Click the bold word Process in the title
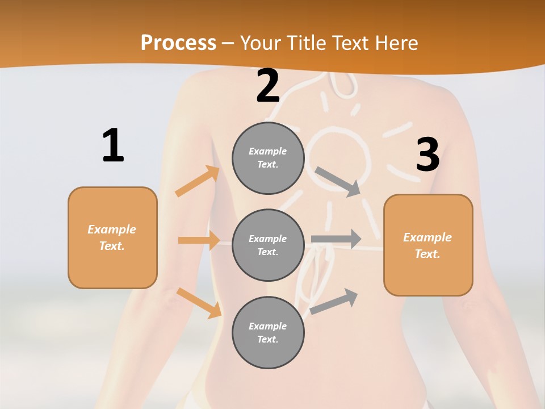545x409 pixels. [178, 43]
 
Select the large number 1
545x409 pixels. [113, 146]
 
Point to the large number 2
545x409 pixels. [268, 86]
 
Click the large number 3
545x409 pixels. [427, 155]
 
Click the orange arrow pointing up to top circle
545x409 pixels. [198, 181]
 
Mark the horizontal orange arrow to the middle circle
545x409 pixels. [199, 240]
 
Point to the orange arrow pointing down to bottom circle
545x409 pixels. [199, 303]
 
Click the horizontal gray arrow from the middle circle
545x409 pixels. [336, 239]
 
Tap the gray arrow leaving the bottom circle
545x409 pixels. [334, 302]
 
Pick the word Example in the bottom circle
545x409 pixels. [268, 326]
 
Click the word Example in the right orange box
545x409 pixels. [427, 237]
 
